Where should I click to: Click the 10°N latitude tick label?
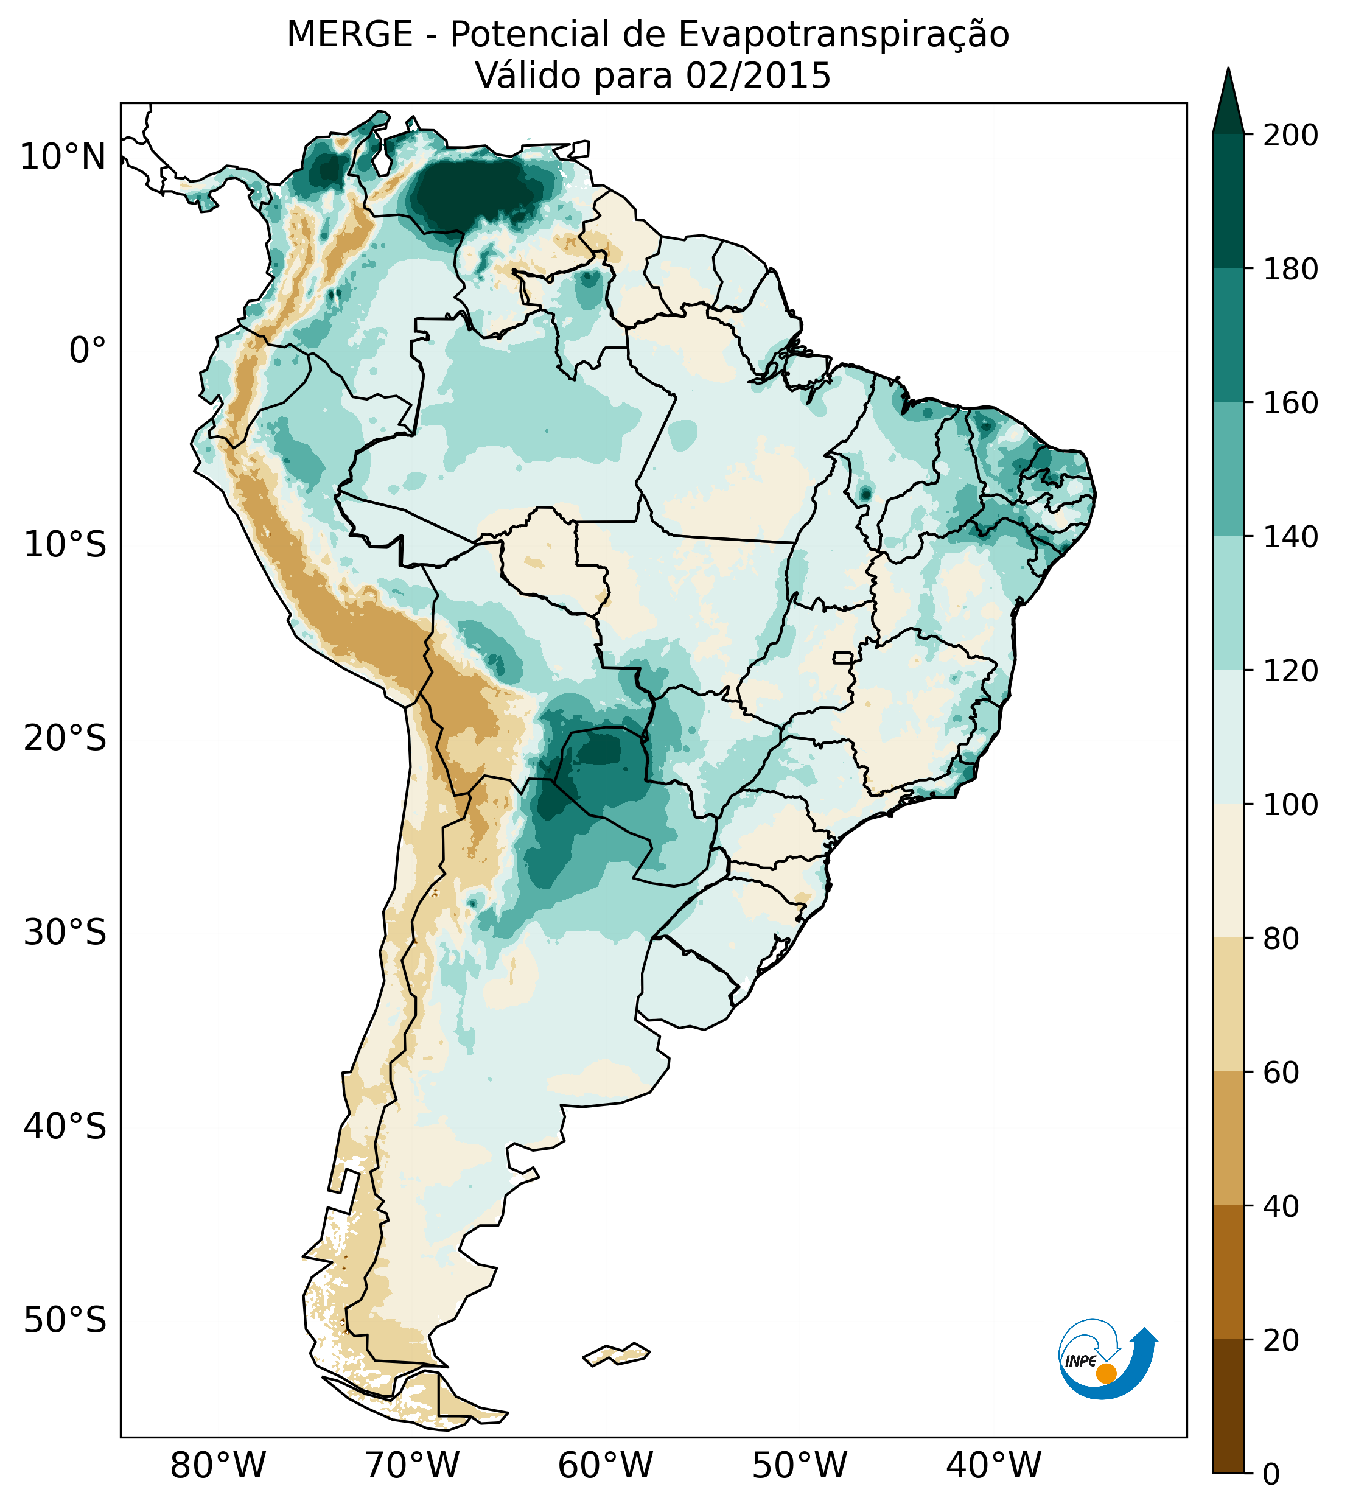(63, 158)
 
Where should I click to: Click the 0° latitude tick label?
(87, 350)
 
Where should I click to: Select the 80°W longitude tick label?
(218, 1466)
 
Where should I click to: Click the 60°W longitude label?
(605, 1466)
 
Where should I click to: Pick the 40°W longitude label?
(993, 1466)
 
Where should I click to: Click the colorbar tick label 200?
(1292, 135)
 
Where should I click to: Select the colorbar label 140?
(1292, 537)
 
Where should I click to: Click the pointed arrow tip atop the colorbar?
(1228, 74)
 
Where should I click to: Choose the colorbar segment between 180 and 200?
(1228, 201)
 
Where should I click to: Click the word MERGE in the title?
(349, 35)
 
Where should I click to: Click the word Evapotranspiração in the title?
(844, 35)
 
